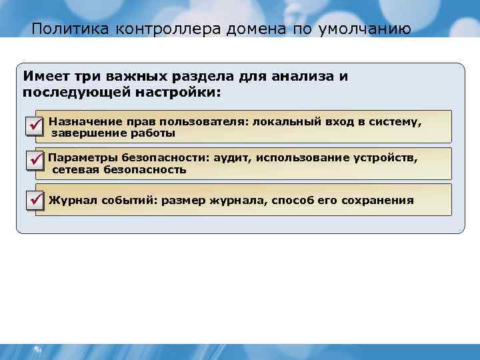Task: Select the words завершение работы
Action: tap(113, 133)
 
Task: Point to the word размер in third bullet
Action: tap(181, 200)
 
